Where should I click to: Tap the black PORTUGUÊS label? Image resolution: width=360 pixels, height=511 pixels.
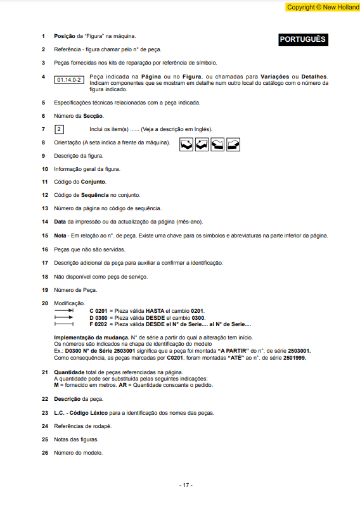pyautogui.click(x=302, y=39)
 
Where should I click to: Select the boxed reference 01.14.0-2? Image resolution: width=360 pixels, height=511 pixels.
pyautogui.click(x=69, y=80)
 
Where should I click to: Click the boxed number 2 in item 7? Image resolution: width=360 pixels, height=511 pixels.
pyautogui.click(x=59, y=129)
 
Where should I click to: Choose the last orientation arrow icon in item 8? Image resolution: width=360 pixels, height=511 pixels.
pyautogui.click(x=233, y=144)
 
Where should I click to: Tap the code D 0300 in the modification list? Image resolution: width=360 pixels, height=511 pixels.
pyautogui.click(x=98, y=317)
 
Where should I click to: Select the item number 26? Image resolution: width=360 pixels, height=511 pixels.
pyautogui.click(x=45, y=453)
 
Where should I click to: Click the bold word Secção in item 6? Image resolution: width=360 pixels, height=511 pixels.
pyautogui.click(x=93, y=116)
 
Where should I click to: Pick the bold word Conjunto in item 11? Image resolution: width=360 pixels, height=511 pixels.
pyautogui.click(x=93, y=182)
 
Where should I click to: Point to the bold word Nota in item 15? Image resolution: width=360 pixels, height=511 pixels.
pyautogui.click(x=61, y=236)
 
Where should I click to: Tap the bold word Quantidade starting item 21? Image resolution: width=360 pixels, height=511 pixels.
pyautogui.click(x=69, y=372)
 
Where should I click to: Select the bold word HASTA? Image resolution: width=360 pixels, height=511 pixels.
pyautogui.click(x=155, y=311)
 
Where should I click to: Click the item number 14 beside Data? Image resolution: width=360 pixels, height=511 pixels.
pyautogui.click(x=45, y=222)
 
